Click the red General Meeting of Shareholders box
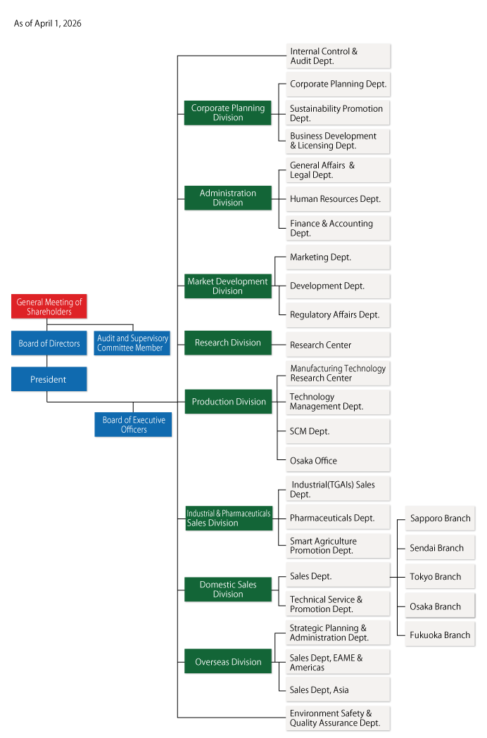point(49,306)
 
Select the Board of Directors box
point(49,343)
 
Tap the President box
point(49,379)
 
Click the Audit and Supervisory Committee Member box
point(132,343)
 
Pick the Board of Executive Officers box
point(133,424)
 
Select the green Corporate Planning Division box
point(227,113)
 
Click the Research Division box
point(227,343)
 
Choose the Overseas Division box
point(227,661)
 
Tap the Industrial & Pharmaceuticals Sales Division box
point(227,518)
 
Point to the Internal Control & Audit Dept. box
point(338,56)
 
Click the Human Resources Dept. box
point(338,199)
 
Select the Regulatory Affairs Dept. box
point(338,314)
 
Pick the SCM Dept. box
point(338,431)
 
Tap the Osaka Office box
point(338,460)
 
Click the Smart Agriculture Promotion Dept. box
point(338,546)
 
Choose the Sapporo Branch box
point(440,518)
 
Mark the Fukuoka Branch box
point(440,635)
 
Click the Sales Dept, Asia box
point(338,689)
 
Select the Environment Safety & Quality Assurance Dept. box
point(338,718)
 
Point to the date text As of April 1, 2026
point(48,23)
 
